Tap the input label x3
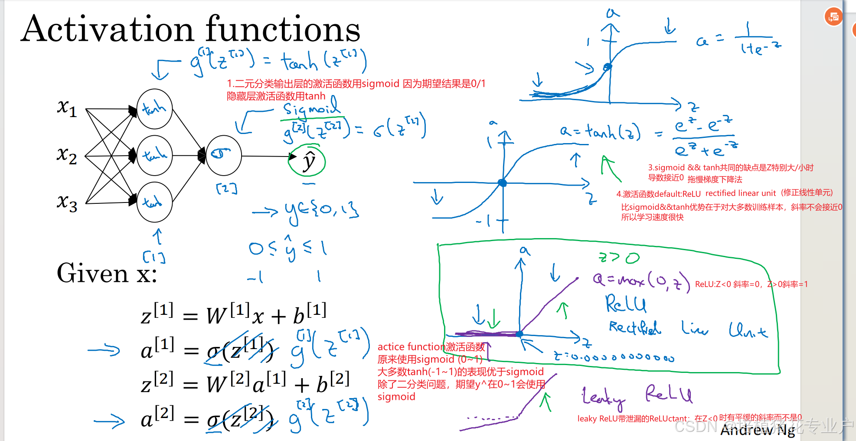click(x=67, y=202)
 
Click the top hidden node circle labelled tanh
click(x=154, y=109)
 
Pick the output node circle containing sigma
click(x=223, y=155)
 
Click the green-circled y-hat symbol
click(x=308, y=161)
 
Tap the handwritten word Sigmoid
click(x=310, y=108)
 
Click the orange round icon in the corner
click(x=833, y=17)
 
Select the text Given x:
click(x=107, y=273)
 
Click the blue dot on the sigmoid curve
click(x=608, y=67)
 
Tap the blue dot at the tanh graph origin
click(x=503, y=183)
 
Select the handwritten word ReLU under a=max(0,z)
click(x=625, y=304)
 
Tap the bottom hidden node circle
click(x=154, y=202)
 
